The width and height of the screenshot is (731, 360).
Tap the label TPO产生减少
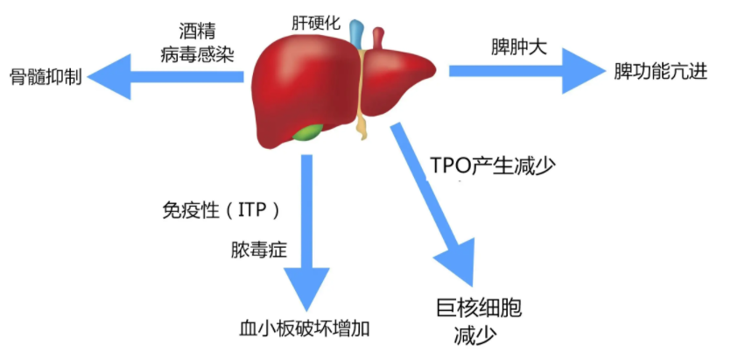click(x=493, y=165)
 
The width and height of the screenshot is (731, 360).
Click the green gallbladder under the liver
click(x=306, y=132)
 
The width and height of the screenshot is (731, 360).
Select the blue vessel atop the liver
click(x=356, y=34)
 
